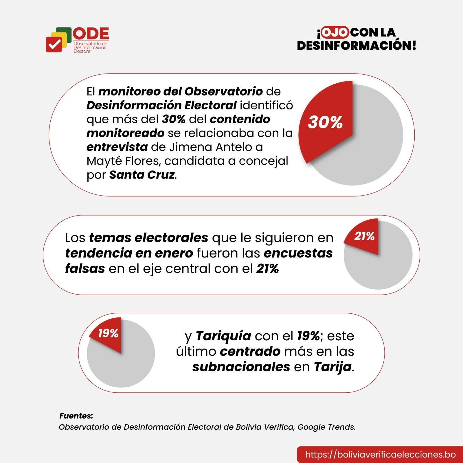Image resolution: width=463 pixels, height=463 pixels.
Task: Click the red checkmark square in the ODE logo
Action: point(54,44)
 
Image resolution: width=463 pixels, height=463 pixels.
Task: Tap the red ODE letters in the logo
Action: point(91,34)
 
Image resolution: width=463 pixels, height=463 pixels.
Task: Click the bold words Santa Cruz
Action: point(142,175)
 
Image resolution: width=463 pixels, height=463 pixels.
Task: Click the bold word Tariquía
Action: point(223,336)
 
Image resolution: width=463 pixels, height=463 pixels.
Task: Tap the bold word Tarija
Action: point(333,367)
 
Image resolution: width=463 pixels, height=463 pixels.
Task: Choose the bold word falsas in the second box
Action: point(85,269)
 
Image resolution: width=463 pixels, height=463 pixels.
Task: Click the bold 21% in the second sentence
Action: point(267,269)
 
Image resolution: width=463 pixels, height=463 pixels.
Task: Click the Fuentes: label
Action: point(76,416)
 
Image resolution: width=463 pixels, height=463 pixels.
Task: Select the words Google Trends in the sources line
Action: point(326,427)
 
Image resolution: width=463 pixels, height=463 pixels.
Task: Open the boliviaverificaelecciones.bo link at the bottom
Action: point(380,454)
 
